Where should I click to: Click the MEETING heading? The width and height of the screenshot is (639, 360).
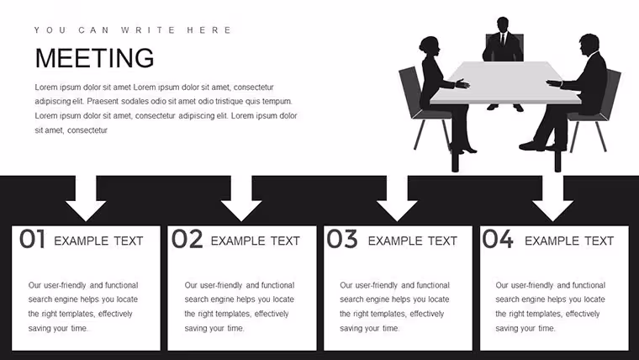tap(94, 58)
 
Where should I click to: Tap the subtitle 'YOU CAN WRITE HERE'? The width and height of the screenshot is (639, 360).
tap(133, 30)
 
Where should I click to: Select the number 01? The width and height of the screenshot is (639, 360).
tap(32, 239)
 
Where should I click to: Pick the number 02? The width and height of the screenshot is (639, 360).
tap(187, 239)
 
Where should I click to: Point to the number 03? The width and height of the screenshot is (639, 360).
tap(342, 239)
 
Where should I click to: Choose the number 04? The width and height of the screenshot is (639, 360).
tap(498, 239)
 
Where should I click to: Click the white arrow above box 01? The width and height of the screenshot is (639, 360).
tap(86, 199)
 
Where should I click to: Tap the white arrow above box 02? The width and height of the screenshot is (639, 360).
tap(241, 199)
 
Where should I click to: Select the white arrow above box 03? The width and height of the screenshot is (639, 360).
tap(397, 199)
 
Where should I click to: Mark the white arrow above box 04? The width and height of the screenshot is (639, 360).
tap(552, 199)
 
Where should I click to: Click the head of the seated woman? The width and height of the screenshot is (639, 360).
tap(430, 46)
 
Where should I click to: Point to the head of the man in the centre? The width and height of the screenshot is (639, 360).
tap(503, 24)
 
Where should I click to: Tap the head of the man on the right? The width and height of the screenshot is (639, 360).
tap(589, 45)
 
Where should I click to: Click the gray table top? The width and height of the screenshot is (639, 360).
tap(505, 82)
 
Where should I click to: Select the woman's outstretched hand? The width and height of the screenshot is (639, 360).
tap(462, 84)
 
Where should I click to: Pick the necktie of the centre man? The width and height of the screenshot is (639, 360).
tap(503, 40)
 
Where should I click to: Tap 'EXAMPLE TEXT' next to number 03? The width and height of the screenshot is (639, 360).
tap(413, 241)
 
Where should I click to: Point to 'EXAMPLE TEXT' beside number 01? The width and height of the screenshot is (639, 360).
tap(98, 241)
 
